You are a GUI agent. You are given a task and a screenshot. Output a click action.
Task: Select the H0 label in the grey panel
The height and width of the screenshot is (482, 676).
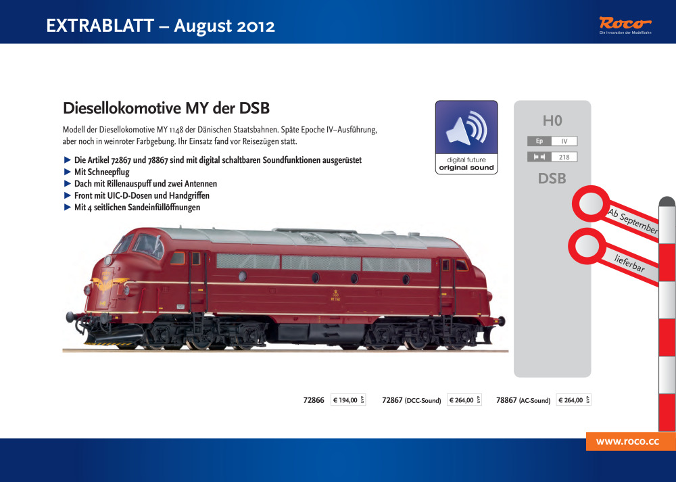tap(552, 121)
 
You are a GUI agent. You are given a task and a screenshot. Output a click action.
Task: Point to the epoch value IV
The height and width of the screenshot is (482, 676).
tap(564, 141)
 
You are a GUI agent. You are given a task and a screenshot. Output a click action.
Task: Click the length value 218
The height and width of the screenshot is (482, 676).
tap(564, 157)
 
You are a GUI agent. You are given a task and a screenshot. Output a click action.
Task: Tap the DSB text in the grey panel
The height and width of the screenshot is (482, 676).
tap(552, 179)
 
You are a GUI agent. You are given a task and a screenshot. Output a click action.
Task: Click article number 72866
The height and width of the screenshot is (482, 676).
tap(314, 400)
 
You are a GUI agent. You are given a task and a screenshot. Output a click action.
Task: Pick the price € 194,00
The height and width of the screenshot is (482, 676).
tap(345, 400)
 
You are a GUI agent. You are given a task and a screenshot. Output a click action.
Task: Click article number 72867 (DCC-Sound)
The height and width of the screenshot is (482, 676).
tap(411, 400)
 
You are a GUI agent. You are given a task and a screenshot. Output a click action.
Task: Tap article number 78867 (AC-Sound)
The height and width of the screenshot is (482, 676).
tap(523, 400)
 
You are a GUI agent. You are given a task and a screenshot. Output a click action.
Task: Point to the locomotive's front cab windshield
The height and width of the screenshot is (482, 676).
tap(146, 244)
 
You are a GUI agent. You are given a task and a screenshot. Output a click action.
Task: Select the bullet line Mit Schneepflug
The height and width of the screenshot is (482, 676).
tap(101, 172)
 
